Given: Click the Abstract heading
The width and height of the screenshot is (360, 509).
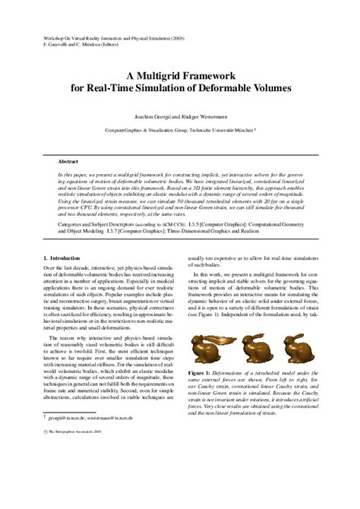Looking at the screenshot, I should point(68,161).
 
